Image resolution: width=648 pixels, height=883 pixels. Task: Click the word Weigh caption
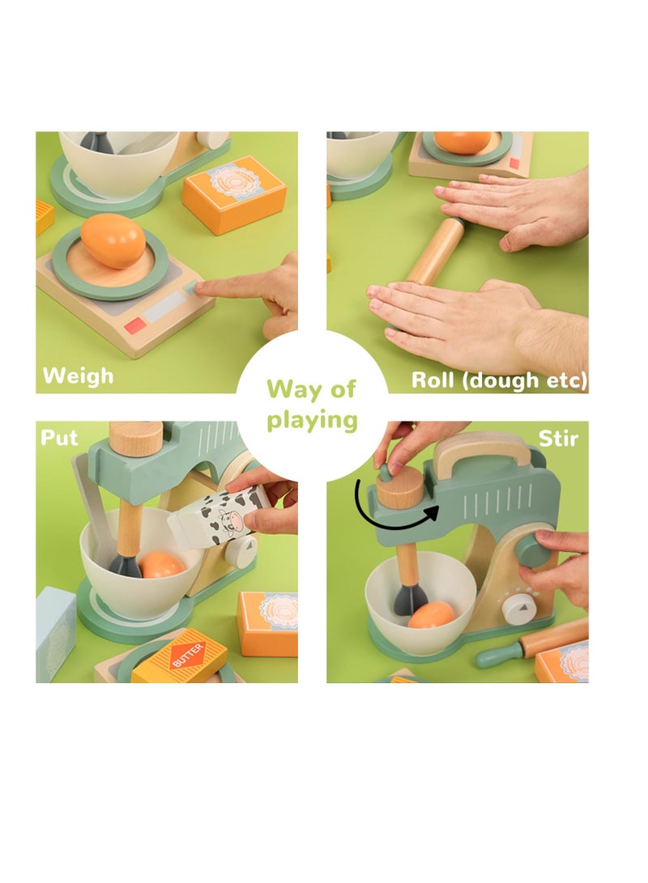(78, 376)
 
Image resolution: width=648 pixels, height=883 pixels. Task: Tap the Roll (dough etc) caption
(499, 380)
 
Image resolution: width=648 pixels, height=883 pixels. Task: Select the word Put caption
(60, 438)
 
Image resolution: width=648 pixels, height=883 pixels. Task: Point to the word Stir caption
(558, 439)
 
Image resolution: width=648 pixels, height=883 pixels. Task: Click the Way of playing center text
(312, 404)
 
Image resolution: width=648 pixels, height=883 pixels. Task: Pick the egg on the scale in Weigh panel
(113, 240)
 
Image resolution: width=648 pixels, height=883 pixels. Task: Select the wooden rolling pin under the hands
(434, 251)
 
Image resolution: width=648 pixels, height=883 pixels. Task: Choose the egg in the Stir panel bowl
(431, 615)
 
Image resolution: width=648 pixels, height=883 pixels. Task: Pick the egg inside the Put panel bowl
(160, 565)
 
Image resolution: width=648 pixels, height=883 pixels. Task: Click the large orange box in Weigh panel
(234, 194)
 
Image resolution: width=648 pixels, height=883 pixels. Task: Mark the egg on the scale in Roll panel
(463, 142)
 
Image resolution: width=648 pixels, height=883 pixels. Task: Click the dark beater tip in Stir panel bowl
(411, 599)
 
